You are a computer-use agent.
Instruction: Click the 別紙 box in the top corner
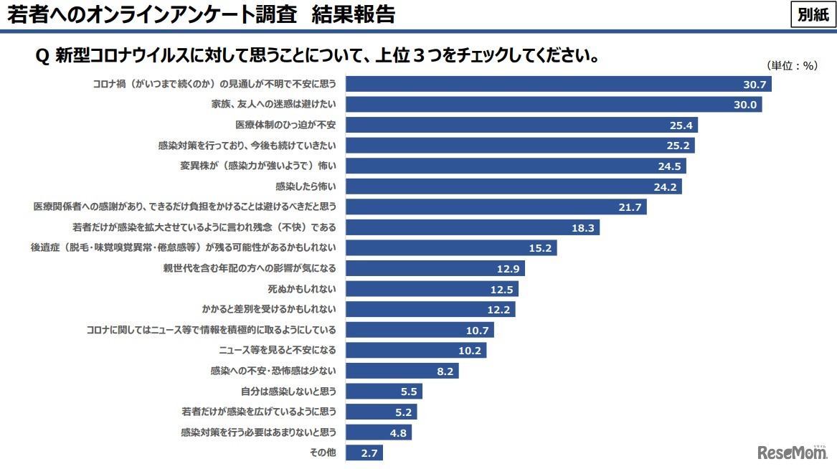click(x=813, y=14)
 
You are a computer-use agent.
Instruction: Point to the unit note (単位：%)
click(x=792, y=65)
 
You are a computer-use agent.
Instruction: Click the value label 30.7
click(x=755, y=85)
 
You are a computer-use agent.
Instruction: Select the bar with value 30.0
click(x=554, y=105)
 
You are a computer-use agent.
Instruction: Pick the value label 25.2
click(x=678, y=146)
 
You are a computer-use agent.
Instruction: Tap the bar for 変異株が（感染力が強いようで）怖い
click(x=516, y=166)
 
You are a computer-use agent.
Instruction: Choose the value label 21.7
click(x=630, y=207)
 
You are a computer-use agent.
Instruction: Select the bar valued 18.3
click(x=473, y=227)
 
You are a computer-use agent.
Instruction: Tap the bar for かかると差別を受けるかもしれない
click(x=430, y=309)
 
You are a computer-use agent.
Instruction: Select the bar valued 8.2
click(x=402, y=371)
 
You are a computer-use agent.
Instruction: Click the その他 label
click(x=323, y=453)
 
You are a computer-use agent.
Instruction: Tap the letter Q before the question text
click(x=42, y=56)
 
